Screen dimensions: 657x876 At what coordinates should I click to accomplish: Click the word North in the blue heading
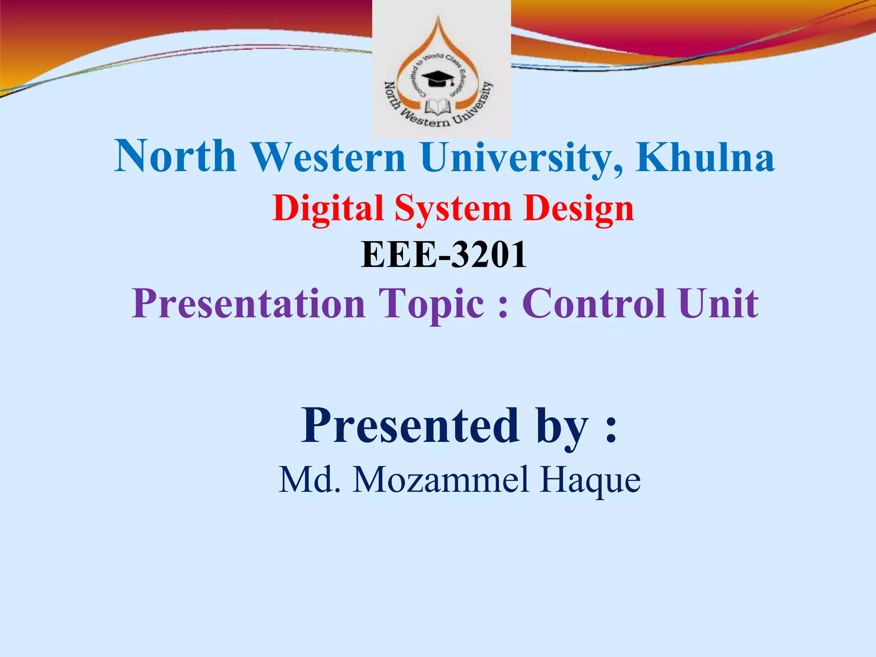coord(175,157)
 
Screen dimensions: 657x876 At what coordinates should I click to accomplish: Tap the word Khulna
coord(705,157)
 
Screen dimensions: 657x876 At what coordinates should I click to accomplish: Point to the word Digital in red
coord(328,209)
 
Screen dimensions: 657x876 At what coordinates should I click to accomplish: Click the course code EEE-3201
coord(444,255)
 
